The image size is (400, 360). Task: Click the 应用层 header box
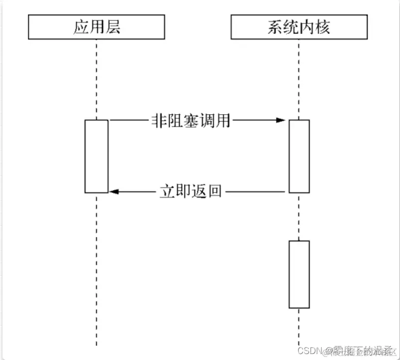pyautogui.click(x=97, y=27)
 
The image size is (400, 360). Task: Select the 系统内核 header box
pyautogui.click(x=298, y=27)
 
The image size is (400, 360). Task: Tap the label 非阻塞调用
pyautogui.click(x=191, y=120)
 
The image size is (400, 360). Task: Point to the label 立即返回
pyautogui.click(x=191, y=191)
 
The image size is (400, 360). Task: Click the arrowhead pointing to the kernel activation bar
pyautogui.click(x=281, y=120)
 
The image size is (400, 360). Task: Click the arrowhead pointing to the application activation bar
pyautogui.click(x=113, y=191)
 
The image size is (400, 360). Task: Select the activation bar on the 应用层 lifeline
pyautogui.click(x=96, y=156)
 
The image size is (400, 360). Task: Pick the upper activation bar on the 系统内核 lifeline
pyautogui.click(x=299, y=156)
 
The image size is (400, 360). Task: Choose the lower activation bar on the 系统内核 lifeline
pyautogui.click(x=299, y=274)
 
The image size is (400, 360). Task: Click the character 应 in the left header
pyautogui.click(x=81, y=27)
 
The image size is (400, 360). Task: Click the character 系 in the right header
pyautogui.click(x=275, y=27)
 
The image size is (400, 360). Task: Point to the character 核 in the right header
pyautogui.click(x=322, y=27)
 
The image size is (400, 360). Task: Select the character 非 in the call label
pyautogui.click(x=159, y=120)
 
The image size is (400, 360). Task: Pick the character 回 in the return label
pyautogui.click(x=214, y=191)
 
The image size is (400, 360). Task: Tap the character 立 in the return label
pyautogui.click(x=167, y=191)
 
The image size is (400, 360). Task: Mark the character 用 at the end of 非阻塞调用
pyautogui.click(x=223, y=120)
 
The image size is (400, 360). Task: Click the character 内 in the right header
pyautogui.click(x=306, y=27)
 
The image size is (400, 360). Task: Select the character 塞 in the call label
pyautogui.click(x=191, y=120)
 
